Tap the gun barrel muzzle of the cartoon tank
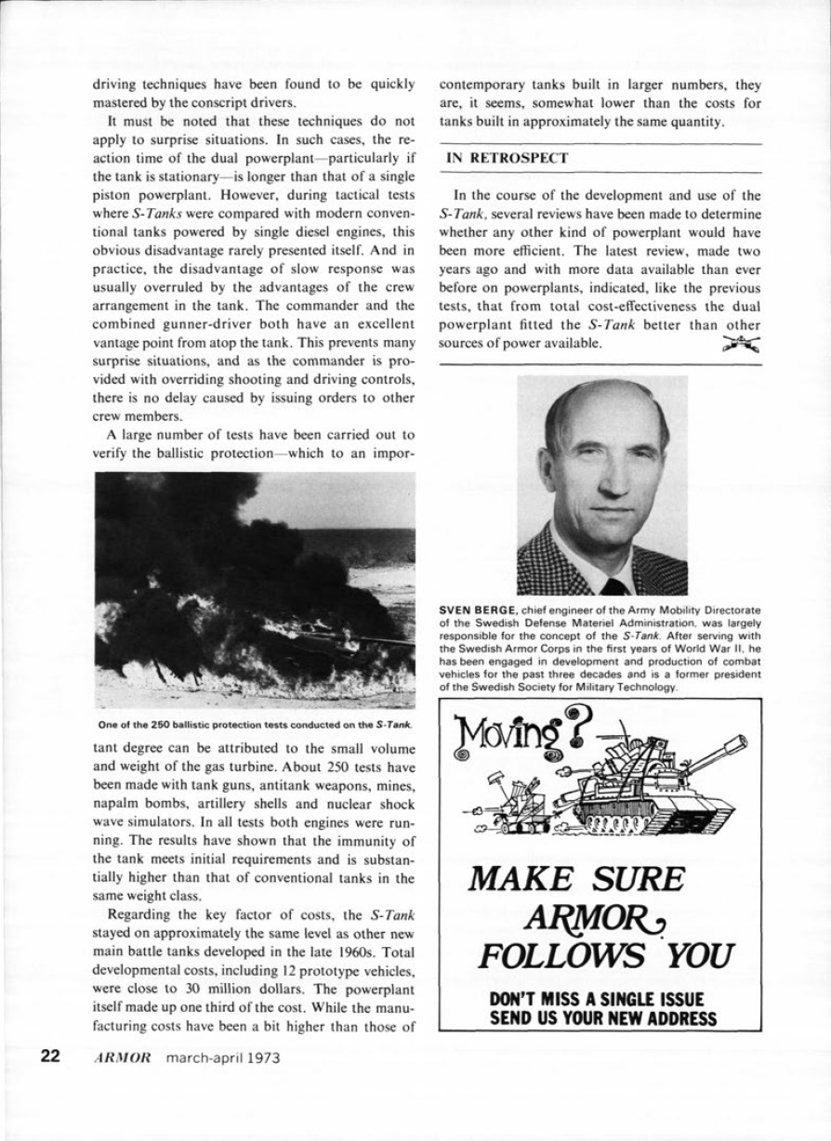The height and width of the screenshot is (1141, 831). click(741, 742)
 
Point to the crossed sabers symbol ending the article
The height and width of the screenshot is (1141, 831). click(740, 344)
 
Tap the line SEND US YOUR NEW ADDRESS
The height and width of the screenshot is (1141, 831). click(603, 1019)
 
